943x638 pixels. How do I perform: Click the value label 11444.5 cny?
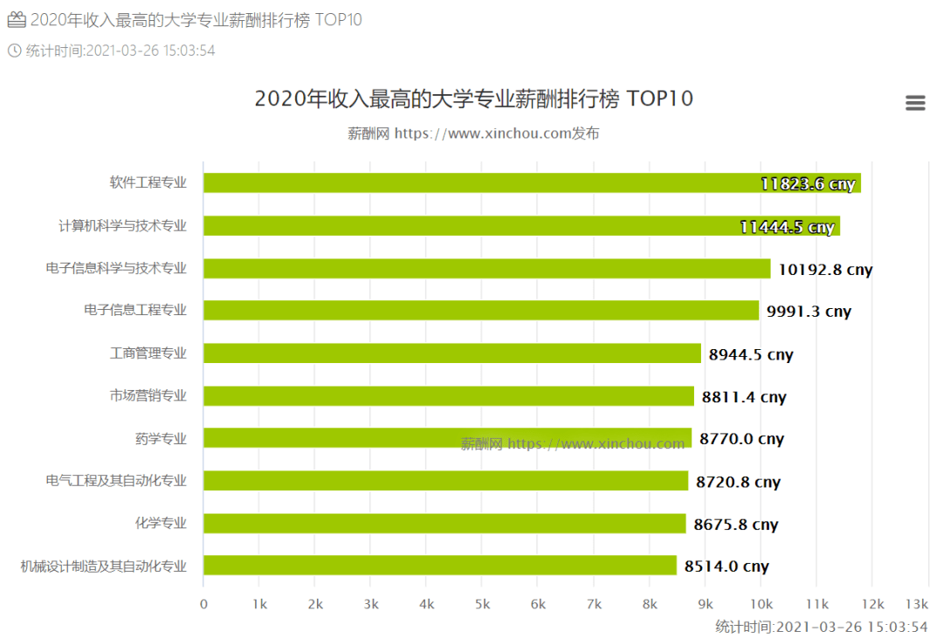pyautogui.click(x=787, y=227)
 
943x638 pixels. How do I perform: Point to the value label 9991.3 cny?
pyautogui.click(x=809, y=312)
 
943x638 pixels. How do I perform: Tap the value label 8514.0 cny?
pyautogui.click(x=726, y=566)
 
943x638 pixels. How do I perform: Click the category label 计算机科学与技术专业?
pyautogui.click(x=122, y=226)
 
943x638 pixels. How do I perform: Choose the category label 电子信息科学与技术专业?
pyautogui.click(x=116, y=268)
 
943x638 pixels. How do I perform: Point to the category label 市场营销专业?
pyautogui.click(x=148, y=396)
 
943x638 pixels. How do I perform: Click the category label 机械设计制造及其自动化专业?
pyautogui.click(x=104, y=566)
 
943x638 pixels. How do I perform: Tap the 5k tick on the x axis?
pyautogui.click(x=482, y=604)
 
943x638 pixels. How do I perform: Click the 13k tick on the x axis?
pyautogui.click(x=916, y=604)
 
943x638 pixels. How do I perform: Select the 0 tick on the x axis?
pyautogui.click(x=203, y=604)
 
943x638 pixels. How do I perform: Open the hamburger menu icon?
pyautogui.click(x=915, y=103)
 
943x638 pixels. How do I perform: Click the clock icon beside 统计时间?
pyautogui.click(x=14, y=51)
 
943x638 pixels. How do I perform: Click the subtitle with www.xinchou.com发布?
pyautogui.click(x=473, y=134)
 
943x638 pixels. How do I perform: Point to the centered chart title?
pyautogui.click(x=473, y=99)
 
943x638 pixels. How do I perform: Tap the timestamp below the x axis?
pyautogui.click(x=821, y=627)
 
